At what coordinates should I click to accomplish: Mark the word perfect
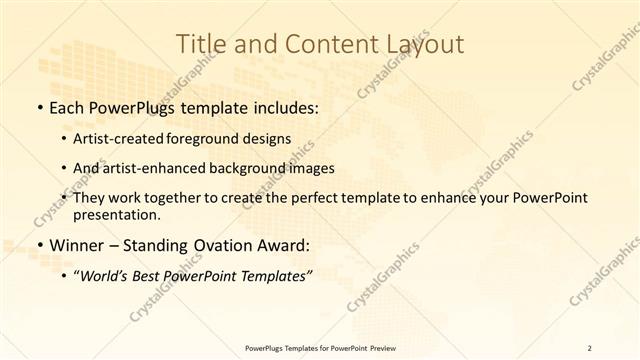tap(297, 198)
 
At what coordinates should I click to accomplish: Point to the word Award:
tap(286, 244)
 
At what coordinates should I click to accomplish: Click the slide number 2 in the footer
tap(590, 348)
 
